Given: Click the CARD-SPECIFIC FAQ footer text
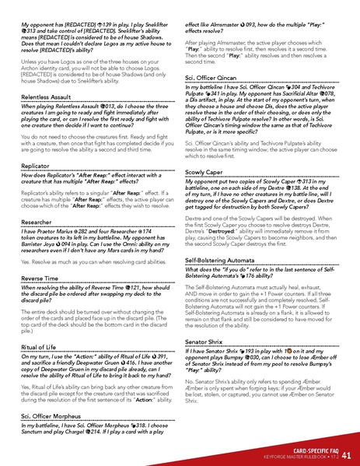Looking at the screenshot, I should [x=307, y=447].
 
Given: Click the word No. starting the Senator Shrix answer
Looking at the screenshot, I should [x=190, y=381].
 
